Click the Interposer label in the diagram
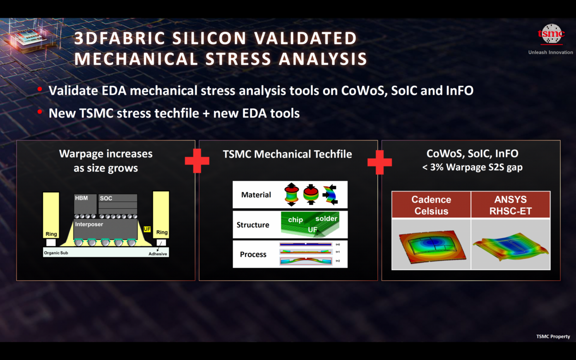(89, 224)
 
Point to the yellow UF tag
(147, 229)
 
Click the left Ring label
(51, 234)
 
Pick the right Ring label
(162, 232)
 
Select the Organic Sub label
(60, 253)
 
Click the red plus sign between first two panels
(197, 161)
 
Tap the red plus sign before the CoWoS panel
(379, 161)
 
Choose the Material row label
(256, 195)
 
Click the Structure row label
(253, 225)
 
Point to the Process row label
(253, 254)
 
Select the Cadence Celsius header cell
(431, 205)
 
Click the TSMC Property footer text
(553, 336)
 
